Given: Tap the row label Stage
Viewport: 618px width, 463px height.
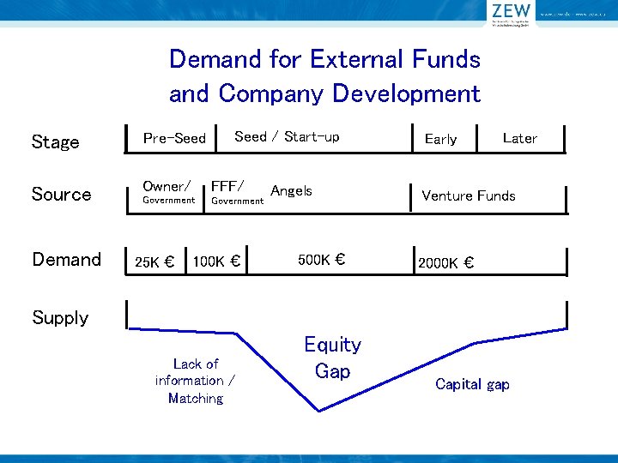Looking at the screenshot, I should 55,142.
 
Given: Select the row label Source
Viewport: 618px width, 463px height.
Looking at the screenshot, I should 61,195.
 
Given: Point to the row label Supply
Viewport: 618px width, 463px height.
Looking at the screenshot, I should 60,318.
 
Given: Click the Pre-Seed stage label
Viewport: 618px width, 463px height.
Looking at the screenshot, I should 174,138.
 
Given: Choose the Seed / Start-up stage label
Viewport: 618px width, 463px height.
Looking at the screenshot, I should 287,136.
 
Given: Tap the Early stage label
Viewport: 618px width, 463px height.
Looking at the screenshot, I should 440,139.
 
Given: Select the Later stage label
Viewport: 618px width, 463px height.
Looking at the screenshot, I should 519,138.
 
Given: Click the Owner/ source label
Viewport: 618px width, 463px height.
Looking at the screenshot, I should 167,186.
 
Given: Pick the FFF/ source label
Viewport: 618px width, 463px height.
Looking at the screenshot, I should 227,186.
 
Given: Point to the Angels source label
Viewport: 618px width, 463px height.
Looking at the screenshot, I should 291,190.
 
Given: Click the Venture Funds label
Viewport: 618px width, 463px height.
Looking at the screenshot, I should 469,195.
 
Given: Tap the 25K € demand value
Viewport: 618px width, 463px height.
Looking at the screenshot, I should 155,262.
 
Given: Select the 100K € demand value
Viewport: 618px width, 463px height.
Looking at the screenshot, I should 215,261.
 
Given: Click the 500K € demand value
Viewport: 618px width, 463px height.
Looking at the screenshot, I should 321,260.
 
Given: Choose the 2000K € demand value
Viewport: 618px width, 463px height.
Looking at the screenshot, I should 445,263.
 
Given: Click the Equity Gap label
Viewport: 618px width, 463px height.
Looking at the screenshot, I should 332,358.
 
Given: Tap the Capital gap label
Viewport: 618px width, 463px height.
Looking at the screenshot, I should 472,384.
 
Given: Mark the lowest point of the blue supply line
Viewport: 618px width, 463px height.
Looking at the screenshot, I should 319,411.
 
